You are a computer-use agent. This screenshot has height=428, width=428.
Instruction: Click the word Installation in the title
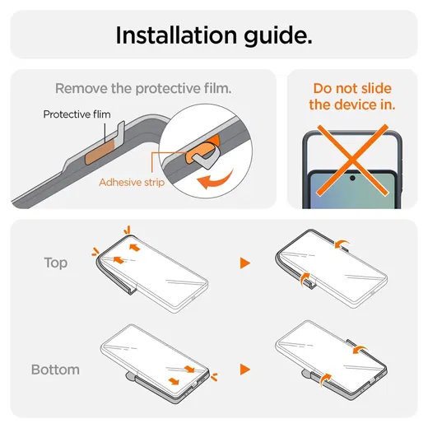[x=176, y=35]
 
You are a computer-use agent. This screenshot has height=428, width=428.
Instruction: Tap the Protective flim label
[x=77, y=114]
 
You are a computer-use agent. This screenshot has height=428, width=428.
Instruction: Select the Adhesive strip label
[x=132, y=182]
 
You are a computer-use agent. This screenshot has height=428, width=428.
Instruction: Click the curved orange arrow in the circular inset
[x=216, y=179]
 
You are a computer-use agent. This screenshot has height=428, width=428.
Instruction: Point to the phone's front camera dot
[x=352, y=179]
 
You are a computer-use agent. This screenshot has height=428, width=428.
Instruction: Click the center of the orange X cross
[x=353, y=160]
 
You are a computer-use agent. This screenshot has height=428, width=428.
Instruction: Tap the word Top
[x=56, y=263]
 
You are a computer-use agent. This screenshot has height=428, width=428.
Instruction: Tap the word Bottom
[x=55, y=370]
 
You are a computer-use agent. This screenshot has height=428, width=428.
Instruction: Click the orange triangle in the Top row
[x=244, y=263]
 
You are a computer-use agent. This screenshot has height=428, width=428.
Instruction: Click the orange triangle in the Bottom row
[x=244, y=370]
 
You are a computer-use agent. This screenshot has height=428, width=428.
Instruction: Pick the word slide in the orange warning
[x=376, y=88]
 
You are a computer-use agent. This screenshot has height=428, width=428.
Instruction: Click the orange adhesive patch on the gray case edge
[x=100, y=153]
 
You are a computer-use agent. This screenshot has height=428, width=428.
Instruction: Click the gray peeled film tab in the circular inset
[x=206, y=159]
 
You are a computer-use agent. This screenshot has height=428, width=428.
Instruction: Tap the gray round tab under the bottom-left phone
[x=131, y=376]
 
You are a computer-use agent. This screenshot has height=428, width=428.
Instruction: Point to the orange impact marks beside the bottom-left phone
[x=214, y=377]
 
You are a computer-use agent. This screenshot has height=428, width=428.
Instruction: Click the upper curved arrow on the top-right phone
[x=342, y=244]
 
